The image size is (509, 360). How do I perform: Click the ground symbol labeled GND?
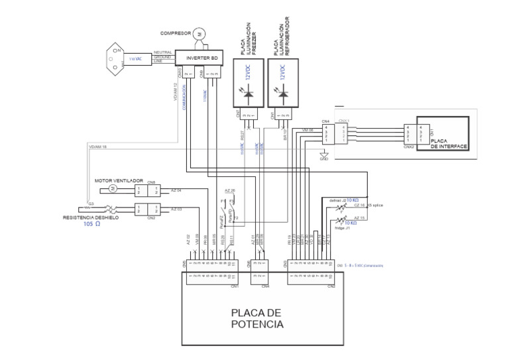[x=324, y=156]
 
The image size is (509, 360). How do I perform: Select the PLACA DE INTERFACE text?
[x=449, y=144]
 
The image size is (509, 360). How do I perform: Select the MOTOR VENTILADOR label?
[x=119, y=180]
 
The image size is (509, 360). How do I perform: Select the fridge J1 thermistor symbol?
[x=343, y=221]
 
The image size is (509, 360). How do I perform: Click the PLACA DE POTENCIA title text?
[x=258, y=319]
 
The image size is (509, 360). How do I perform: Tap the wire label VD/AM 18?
[x=97, y=147]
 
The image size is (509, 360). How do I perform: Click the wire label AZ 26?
[x=229, y=190]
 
